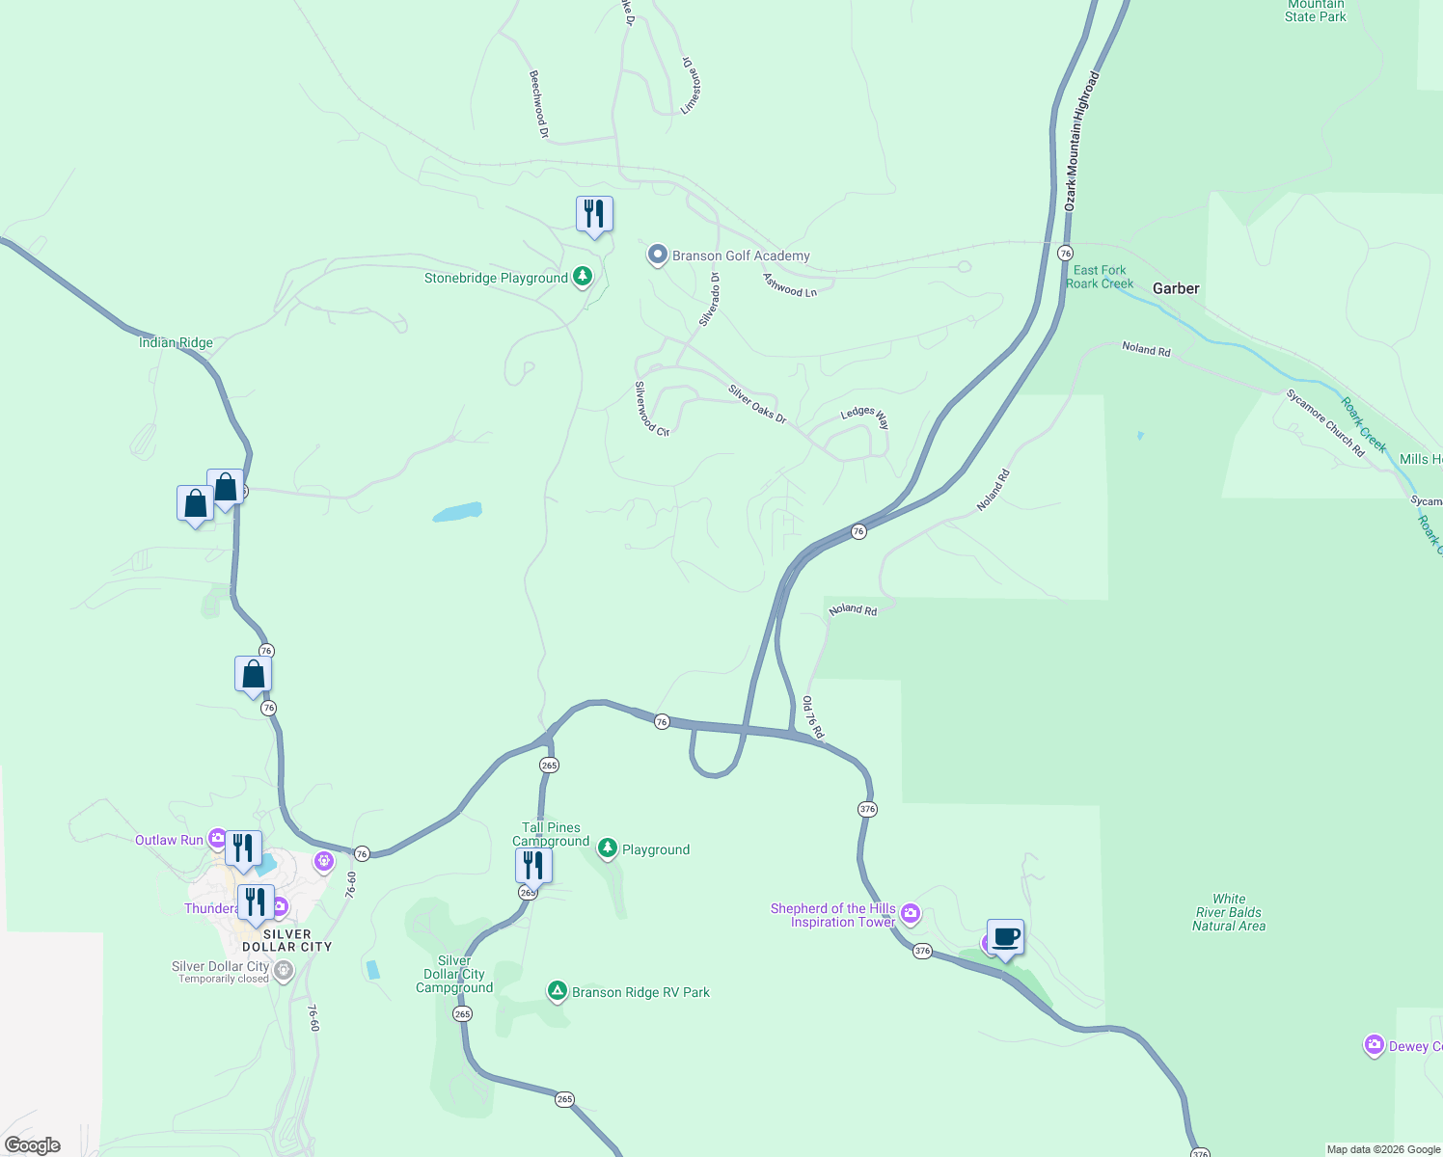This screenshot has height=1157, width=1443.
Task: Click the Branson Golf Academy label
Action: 741,256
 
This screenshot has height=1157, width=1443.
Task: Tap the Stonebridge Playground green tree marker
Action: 583,278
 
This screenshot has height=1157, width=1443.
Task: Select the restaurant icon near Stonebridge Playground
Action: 594,214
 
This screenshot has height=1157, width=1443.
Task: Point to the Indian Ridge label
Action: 176,342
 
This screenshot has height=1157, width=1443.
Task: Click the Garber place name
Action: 1176,288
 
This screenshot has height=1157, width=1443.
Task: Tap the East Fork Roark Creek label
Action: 1100,277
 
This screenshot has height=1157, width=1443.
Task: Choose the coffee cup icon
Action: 1005,937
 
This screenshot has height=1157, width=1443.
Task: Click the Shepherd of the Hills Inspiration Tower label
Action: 833,915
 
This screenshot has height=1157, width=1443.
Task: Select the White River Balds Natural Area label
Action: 1229,912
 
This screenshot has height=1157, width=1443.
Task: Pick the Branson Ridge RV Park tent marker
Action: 557,991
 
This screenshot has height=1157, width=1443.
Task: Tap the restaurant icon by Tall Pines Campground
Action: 533,866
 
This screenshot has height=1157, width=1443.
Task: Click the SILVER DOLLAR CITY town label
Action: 286,940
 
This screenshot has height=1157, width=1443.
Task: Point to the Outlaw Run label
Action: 169,840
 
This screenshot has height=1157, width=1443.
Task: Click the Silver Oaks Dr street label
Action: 757,404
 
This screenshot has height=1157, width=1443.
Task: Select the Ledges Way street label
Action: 865,417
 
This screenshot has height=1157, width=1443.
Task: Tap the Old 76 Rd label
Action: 813,717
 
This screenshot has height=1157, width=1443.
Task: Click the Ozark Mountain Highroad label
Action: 1081,141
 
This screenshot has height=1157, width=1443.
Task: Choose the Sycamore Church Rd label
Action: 1325,422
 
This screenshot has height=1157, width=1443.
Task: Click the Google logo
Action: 33,1144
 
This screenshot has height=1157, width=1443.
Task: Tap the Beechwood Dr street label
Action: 538,104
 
